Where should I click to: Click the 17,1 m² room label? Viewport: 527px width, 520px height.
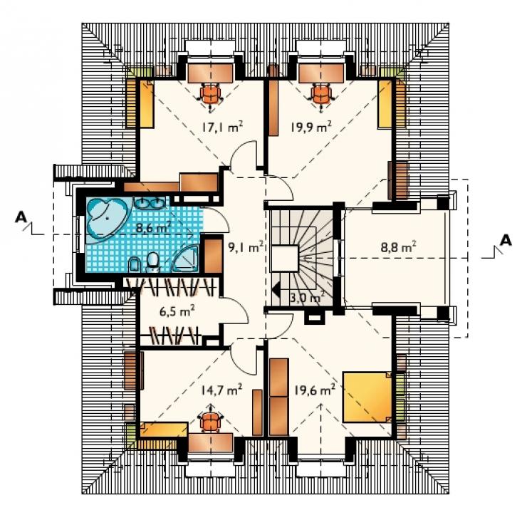222,127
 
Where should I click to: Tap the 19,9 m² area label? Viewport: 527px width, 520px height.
311,127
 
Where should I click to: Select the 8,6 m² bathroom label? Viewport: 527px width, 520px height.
153,227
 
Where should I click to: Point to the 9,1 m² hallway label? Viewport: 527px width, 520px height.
246,247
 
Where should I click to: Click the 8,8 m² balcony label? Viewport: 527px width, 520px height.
398,247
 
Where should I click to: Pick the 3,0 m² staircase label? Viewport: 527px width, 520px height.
307,297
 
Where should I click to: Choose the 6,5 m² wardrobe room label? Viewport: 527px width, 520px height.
177,311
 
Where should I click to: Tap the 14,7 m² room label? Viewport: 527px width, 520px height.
221,390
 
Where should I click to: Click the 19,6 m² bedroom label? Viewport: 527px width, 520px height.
315,390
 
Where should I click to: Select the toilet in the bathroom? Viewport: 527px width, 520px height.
154,262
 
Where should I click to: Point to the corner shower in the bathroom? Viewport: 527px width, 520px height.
186,259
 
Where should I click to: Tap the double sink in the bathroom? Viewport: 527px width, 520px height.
150,203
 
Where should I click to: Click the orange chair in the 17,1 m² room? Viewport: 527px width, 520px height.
210,95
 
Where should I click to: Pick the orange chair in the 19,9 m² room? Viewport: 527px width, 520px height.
321,95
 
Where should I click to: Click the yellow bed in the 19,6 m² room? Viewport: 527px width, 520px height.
367,397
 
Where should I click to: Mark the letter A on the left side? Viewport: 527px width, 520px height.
21,217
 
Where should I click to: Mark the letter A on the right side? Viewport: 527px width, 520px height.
506,241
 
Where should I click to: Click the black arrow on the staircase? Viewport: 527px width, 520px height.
276,289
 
